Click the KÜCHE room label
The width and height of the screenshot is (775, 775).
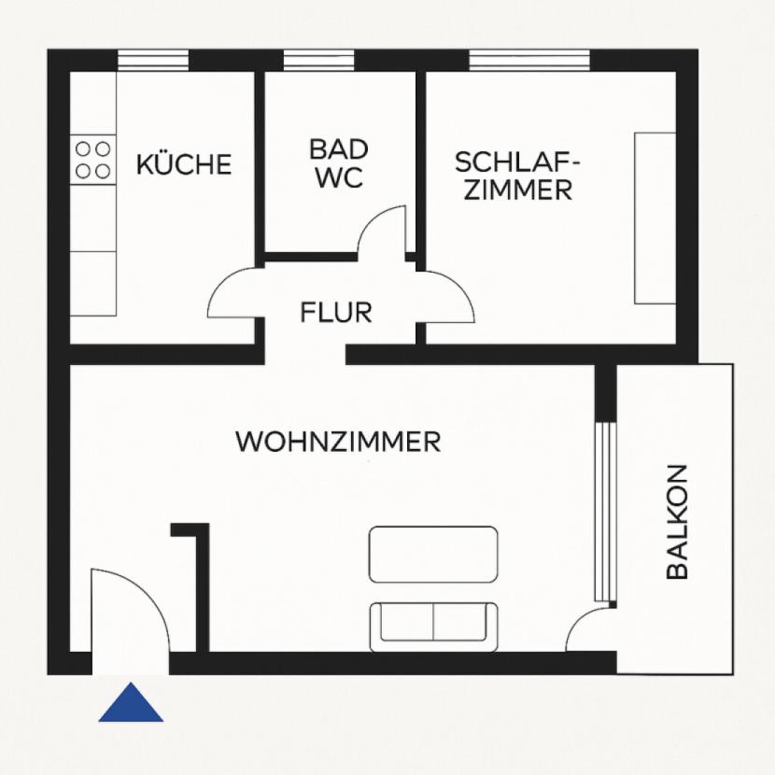tap(184, 164)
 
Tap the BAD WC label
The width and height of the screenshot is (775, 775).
tap(339, 163)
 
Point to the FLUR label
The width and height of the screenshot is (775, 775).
tap(336, 312)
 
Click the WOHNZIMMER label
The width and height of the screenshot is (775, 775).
tap(338, 442)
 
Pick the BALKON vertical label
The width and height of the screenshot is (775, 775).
tap(678, 522)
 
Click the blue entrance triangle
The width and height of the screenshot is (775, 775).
tap(131, 703)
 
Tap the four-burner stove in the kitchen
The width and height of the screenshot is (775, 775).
tap(92, 159)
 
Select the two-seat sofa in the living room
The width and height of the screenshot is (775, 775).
tap(433, 626)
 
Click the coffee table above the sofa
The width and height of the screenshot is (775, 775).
tap(433, 555)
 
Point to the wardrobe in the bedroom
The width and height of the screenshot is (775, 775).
tap(655, 218)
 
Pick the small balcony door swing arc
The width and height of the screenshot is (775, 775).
tap(589, 631)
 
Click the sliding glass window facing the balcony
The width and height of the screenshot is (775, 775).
tap(608, 512)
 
